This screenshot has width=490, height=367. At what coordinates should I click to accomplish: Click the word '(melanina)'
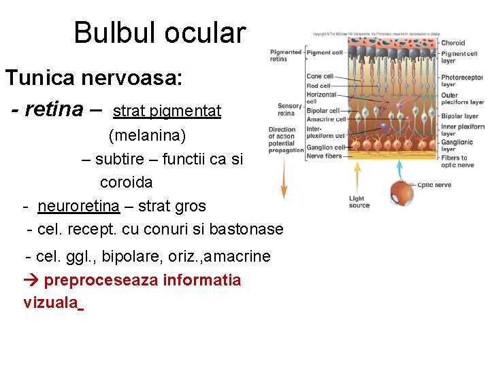click(x=147, y=135)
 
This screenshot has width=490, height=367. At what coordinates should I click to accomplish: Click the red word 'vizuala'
click(x=50, y=303)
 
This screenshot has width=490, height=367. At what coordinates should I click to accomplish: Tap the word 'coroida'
click(x=126, y=182)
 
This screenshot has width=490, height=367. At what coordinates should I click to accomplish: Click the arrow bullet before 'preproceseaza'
click(x=31, y=280)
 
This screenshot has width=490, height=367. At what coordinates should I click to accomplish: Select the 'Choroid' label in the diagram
click(x=453, y=43)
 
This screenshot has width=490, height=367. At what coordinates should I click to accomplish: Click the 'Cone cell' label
click(x=319, y=76)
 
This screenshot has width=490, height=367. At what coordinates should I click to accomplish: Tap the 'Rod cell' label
click(x=318, y=86)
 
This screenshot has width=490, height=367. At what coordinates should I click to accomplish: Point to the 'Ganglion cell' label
click(x=325, y=147)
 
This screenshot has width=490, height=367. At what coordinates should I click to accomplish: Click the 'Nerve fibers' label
click(x=324, y=156)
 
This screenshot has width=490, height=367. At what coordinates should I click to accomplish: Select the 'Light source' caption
click(x=359, y=202)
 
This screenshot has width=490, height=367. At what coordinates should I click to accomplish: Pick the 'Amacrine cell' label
click(x=326, y=119)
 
